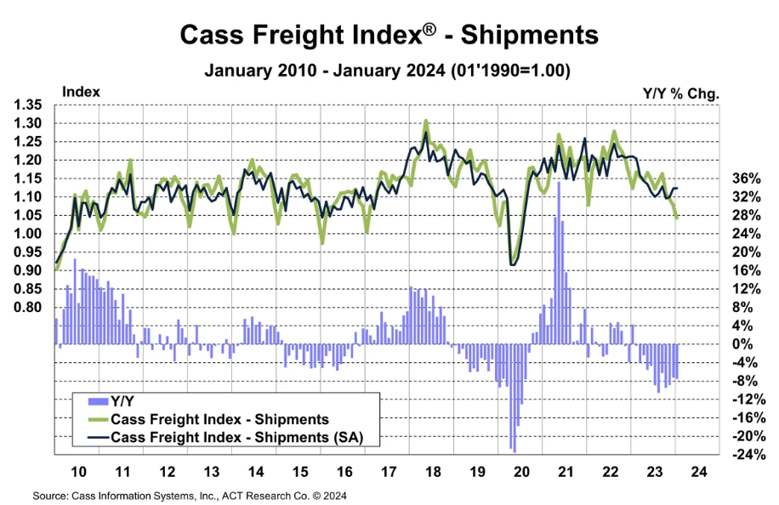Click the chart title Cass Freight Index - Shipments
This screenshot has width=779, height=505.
point(389,35)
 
